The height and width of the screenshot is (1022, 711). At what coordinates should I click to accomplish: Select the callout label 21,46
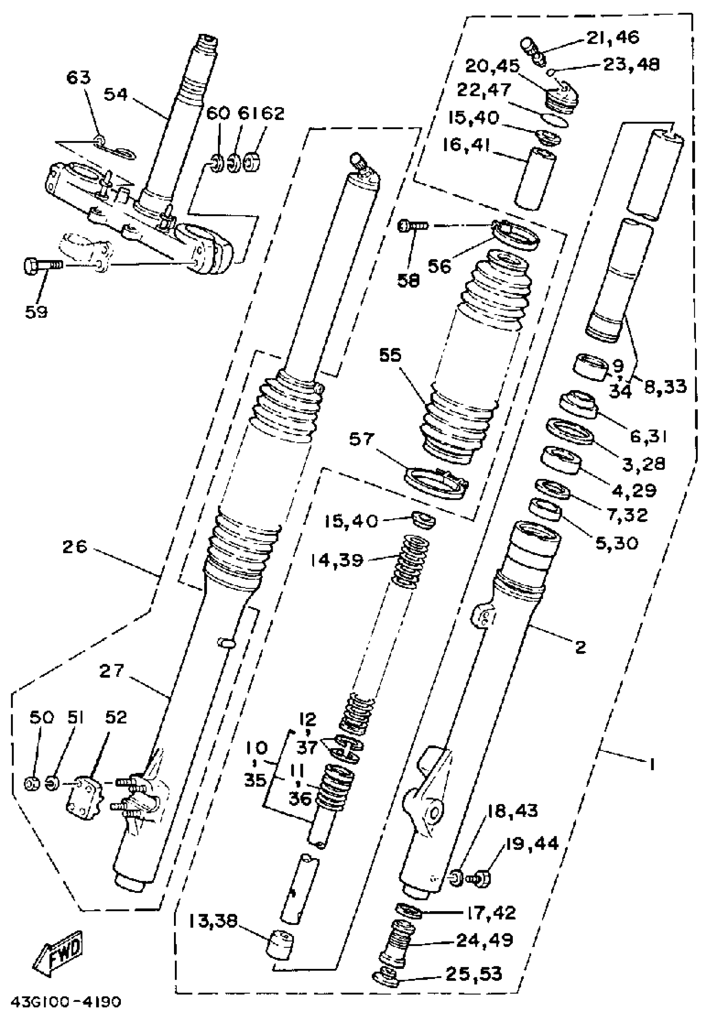coord(612,37)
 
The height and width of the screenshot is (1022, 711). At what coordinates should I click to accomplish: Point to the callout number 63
coord(78,78)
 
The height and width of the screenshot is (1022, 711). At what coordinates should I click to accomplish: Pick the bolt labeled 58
coord(413,226)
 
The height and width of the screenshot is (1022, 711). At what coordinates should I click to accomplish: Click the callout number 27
coord(112,671)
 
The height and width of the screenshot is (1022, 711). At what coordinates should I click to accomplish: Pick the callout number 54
coord(116,95)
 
